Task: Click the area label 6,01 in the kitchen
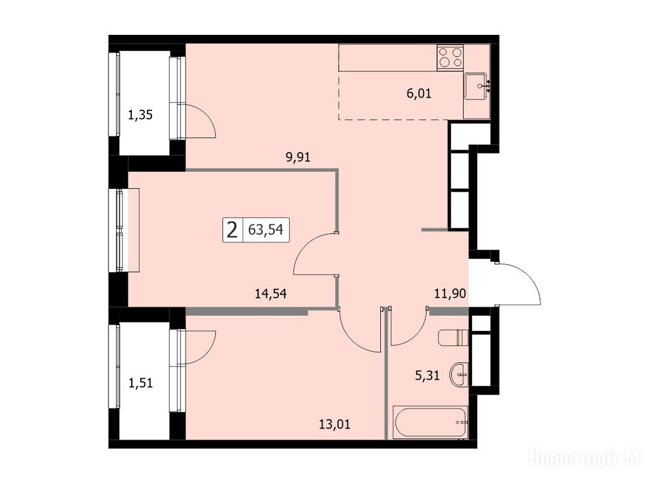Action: tap(419, 93)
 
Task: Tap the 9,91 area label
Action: tap(298, 157)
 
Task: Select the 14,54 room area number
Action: tap(271, 294)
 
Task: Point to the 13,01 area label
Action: tap(335, 424)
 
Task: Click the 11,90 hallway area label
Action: tap(450, 294)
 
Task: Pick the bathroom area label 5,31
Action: tap(427, 375)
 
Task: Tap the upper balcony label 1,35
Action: tap(140, 115)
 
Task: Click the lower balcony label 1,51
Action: tap(141, 383)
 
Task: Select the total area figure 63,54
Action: tap(266, 229)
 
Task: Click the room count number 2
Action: tap(233, 230)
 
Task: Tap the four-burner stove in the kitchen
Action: tap(451, 58)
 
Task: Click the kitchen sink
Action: tap(477, 86)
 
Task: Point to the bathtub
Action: tap(430, 423)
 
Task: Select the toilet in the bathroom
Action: tap(453, 337)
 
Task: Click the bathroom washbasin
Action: tap(459, 374)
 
